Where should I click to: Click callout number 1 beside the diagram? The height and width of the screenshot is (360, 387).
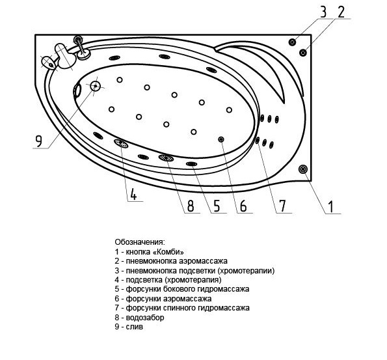330,206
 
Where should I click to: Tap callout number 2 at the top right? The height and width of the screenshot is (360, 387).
341,12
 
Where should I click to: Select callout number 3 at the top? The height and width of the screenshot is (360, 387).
323,12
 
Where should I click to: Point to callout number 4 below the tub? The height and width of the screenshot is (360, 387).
133,194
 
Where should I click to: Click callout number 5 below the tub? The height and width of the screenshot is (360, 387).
217,206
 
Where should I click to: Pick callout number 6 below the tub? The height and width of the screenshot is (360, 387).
243,206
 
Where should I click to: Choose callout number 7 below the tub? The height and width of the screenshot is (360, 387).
282,206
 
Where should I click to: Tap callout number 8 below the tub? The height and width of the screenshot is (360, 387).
191,206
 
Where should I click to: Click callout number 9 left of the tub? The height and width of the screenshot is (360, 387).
39,141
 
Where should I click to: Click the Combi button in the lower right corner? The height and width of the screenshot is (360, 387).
303,169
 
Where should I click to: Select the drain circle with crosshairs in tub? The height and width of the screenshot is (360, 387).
95,86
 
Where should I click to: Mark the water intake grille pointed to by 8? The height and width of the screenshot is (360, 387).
166,158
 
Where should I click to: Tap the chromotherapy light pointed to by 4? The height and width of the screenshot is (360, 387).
121,143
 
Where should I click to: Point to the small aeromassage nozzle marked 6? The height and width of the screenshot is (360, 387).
221,139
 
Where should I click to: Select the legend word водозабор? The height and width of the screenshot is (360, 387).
145,317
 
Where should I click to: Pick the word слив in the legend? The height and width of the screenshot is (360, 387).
134,327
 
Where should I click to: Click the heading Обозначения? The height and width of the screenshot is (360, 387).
139,242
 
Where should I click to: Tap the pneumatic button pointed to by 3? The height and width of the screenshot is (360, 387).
292,42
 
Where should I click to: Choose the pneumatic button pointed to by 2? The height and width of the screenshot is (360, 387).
303,52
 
